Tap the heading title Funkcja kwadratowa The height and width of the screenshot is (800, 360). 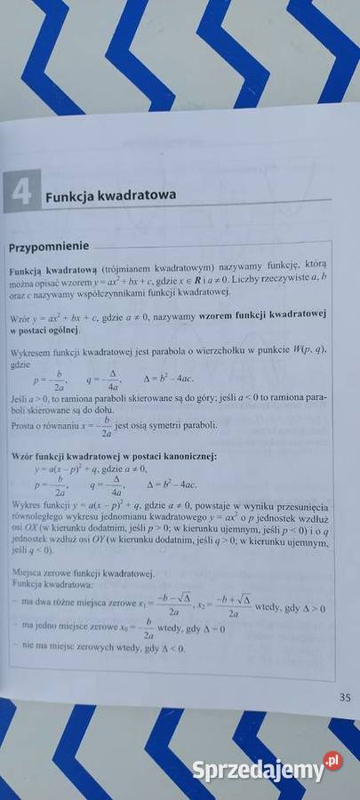tap(111, 196)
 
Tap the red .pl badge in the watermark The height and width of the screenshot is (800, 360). tap(332, 760)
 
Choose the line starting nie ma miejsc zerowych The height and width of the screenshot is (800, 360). tap(98, 648)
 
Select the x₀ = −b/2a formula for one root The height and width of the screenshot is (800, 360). tap(133, 628)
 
